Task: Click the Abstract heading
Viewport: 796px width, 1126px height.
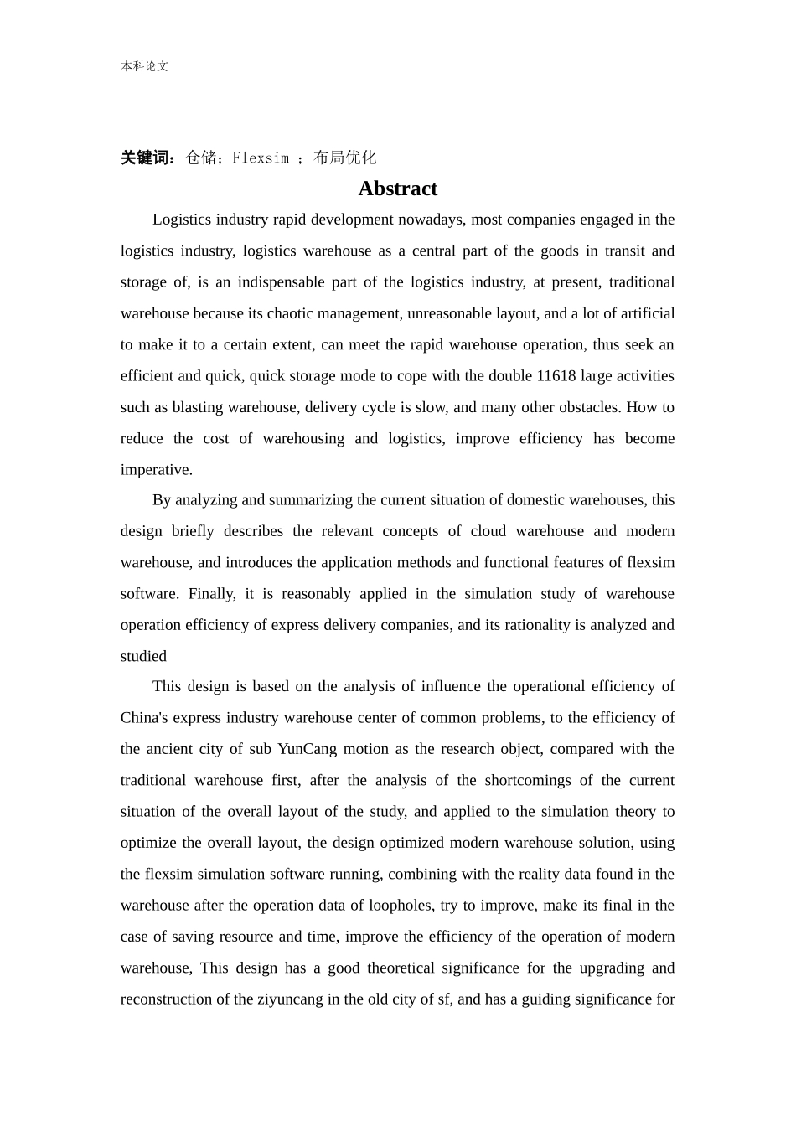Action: [x=397, y=189]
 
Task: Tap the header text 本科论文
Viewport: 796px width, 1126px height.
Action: [x=144, y=66]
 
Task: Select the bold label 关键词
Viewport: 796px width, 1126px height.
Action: [x=147, y=158]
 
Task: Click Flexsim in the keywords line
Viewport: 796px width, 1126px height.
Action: [x=261, y=158]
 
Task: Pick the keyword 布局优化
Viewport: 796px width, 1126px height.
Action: [x=344, y=158]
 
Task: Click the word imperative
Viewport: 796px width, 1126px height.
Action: [x=156, y=470]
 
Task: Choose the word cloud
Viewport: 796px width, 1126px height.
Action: [x=488, y=531]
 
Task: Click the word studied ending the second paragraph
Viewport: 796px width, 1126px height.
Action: [x=143, y=656]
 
